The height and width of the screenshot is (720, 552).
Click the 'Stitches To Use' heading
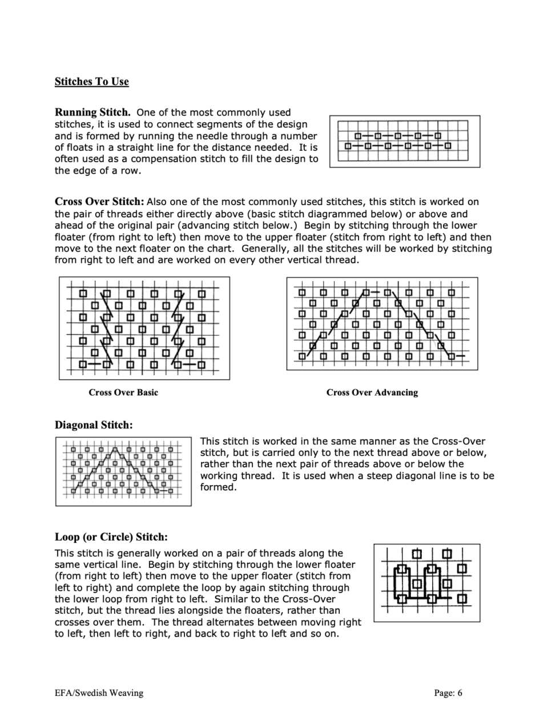point(91,82)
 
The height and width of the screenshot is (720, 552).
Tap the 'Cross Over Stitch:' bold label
point(99,201)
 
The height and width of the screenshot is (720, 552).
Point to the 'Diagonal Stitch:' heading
point(93,425)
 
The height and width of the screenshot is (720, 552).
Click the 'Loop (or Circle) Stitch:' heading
point(111,537)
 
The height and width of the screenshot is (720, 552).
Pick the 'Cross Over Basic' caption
point(123,393)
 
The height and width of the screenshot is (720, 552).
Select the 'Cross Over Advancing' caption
point(372,393)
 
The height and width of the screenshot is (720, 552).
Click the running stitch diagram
point(404,141)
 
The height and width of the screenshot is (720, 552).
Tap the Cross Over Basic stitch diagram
point(144,328)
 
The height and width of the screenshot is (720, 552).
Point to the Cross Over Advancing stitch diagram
point(381,323)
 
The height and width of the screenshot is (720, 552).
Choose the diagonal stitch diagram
point(123,471)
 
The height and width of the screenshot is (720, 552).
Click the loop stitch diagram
point(426,583)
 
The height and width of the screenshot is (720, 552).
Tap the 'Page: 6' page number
point(448,693)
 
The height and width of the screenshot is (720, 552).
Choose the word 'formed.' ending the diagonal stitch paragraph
point(218,487)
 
